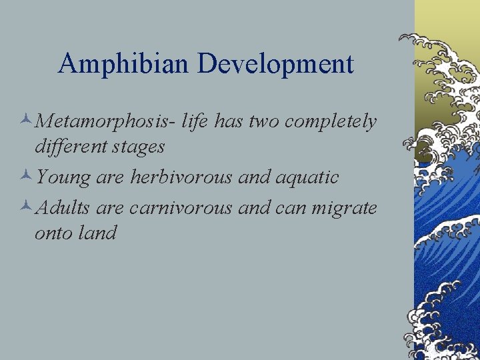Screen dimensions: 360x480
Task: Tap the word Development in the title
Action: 275,64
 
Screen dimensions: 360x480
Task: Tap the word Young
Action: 63,177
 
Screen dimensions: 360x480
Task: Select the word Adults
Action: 64,207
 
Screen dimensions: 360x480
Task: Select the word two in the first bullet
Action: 265,122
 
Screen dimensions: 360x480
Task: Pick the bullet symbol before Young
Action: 25,178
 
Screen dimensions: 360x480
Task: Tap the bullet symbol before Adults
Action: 25,208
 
